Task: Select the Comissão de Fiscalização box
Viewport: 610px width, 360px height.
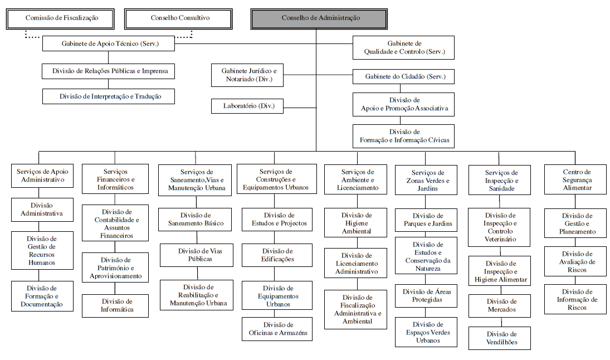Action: point(61,18)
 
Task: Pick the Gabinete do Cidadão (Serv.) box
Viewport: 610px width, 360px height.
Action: point(403,76)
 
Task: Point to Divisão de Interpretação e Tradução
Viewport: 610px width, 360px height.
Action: point(109,96)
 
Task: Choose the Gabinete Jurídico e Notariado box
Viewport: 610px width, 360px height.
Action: point(247,75)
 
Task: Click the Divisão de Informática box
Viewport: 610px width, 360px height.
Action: point(115,305)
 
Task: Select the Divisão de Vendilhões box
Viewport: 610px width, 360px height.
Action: point(500,338)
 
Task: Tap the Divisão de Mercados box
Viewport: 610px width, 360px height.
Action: point(500,305)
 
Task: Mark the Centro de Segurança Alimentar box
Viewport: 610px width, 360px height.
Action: point(575,180)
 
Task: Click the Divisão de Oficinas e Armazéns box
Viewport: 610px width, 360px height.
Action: point(278,329)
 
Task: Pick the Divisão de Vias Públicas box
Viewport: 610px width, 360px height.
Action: point(197,255)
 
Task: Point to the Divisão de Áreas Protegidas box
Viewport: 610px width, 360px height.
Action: point(426,295)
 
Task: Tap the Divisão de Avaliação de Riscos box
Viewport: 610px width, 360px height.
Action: point(575,262)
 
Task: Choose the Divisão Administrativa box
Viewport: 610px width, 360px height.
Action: point(42,210)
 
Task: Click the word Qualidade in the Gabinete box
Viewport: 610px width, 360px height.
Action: point(380,52)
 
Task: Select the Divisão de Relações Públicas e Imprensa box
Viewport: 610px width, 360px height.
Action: point(109,71)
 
